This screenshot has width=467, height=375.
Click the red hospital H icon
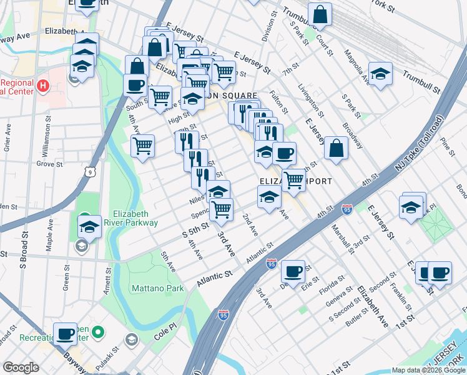(42, 85)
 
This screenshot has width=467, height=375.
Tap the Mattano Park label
(157, 288)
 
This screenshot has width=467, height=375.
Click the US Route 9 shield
(91, 171)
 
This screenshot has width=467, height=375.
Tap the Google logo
(21, 367)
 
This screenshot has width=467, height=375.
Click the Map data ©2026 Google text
(428, 370)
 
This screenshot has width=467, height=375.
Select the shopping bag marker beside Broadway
(336, 149)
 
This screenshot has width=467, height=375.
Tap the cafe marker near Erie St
(292, 272)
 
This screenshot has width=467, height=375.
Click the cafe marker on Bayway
(65, 334)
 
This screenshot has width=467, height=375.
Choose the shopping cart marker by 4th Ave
(142, 146)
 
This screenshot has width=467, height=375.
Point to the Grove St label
(46, 164)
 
